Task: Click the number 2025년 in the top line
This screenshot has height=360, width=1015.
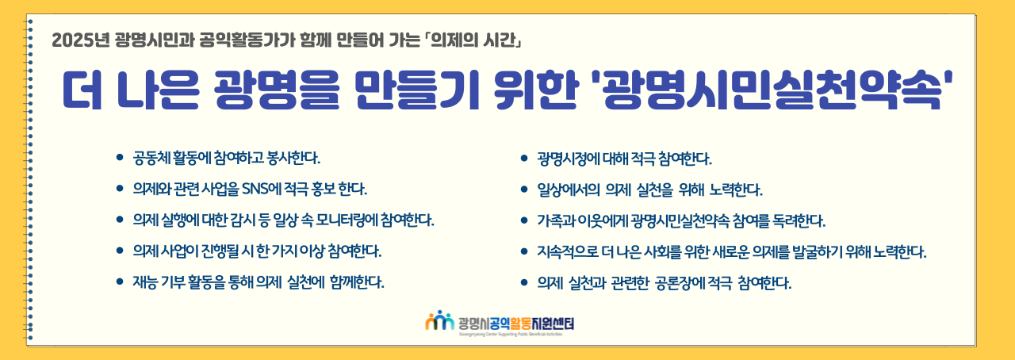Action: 81,40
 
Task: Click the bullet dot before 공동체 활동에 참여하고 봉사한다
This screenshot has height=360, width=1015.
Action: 120,158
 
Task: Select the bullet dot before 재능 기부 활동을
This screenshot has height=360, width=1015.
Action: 120,281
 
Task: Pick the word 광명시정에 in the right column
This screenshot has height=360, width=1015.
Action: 569,159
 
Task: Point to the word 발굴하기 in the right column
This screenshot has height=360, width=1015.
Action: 817,251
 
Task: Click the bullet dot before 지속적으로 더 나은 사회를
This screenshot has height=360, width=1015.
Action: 524,251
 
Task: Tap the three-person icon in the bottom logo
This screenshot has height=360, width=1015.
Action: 439,320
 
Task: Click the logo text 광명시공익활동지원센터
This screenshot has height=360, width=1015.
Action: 516,324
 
